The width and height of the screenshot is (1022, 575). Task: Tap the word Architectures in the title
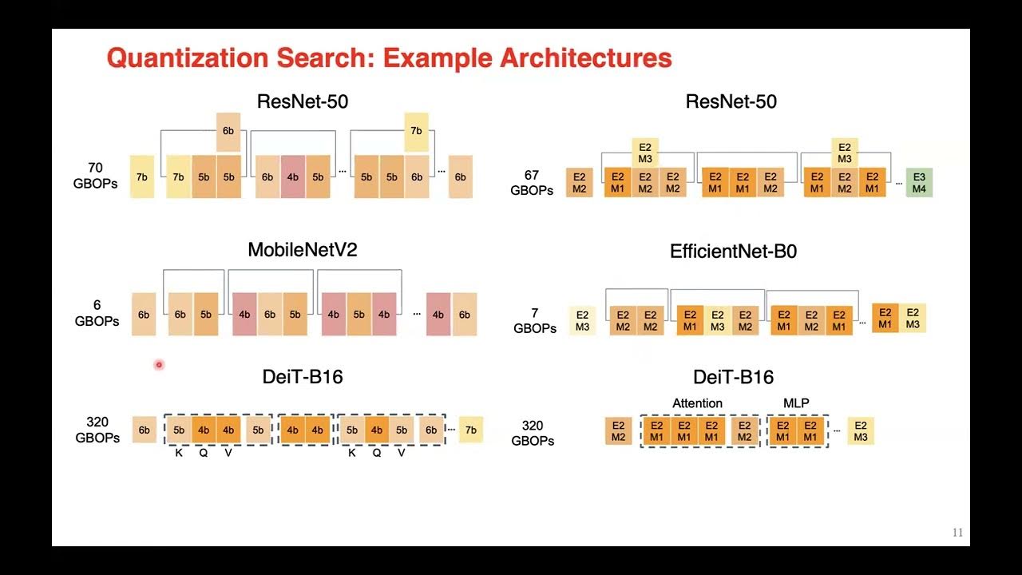click(x=585, y=58)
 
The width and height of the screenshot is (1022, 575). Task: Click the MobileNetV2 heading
click(x=302, y=249)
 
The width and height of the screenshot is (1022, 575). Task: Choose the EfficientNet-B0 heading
click(x=733, y=252)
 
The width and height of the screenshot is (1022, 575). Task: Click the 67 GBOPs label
click(x=533, y=182)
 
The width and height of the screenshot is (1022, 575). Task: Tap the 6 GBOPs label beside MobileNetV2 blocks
click(x=97, y=313)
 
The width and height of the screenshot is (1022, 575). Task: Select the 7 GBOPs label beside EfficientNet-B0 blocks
click(x=535, y=320)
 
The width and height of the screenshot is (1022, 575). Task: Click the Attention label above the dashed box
click(x=697, y=403)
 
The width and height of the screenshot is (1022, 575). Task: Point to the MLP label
click(x=797, y=403)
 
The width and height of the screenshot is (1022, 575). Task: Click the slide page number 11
click(x=957, y=533)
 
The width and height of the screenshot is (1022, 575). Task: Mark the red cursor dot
click(x=159, y=365)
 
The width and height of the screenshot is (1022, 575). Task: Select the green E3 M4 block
click(x=919, y=182)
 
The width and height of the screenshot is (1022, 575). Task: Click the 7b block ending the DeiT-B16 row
click(x=470, y=430)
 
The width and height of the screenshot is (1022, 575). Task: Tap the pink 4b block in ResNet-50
click(x=292, y=176)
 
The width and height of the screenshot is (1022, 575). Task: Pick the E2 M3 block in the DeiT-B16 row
click(x=861, y=431)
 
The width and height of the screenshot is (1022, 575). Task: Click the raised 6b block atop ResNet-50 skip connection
click(x=228, y=131)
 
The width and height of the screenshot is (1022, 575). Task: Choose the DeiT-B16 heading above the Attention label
click(x=733, y=377)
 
